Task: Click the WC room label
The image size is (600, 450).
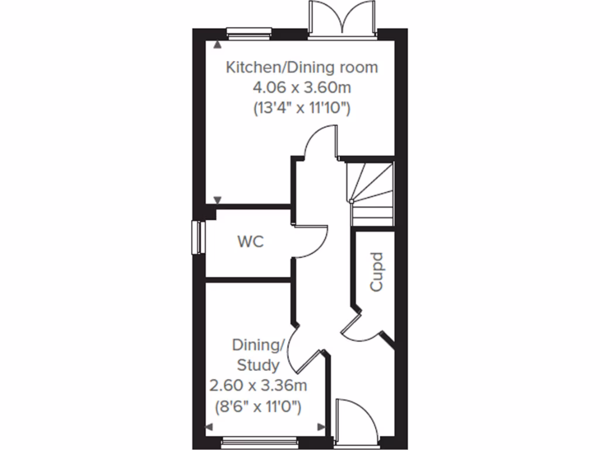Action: coord(250,241)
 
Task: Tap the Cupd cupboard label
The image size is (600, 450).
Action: coord(376,272)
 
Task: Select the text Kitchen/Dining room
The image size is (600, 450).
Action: coord(302,67)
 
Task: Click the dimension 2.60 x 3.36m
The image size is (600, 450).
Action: coord(258,386)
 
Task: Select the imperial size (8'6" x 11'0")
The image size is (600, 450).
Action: coord(258,407)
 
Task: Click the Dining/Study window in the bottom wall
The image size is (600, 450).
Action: coord(260,441)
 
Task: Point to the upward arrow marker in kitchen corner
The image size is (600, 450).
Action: coord(218,45)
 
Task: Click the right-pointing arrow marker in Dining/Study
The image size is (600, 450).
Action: coord(321,427)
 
